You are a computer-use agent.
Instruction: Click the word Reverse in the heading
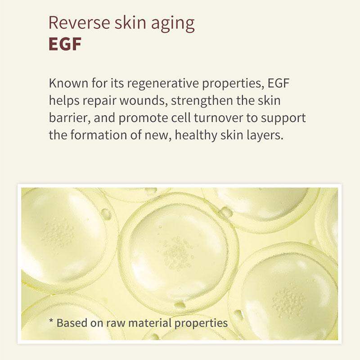coord(79,23)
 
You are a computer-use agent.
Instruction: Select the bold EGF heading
coord(65,44)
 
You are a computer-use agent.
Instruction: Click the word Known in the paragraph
coord(68,83)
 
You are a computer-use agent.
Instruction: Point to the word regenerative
coord(163,84)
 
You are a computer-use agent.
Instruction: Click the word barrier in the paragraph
coord(68,118)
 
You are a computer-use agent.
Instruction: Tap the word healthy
coord(196,136)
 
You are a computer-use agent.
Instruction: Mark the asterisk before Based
coord(51,320)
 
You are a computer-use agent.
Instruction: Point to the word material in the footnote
coord(149,323)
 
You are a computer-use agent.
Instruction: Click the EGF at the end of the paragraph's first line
coord(278,83)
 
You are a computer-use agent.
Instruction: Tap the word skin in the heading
coord(130,23)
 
